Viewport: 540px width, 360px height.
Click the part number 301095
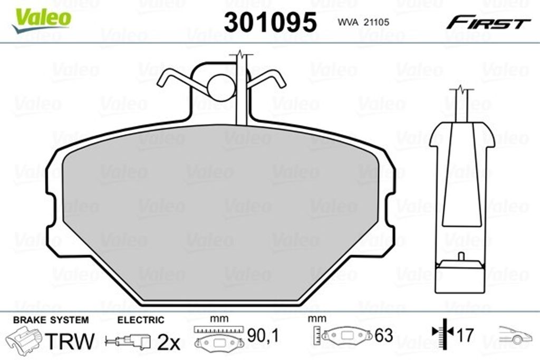pos(270,23)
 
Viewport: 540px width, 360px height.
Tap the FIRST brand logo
pos(488,23)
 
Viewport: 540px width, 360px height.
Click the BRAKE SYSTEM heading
pos(51,320)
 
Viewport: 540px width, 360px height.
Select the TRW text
pos(70,340)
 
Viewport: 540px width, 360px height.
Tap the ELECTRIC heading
pos(140,320)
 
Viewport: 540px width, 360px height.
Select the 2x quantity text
pos(169,343)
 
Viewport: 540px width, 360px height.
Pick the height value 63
pos(384,335)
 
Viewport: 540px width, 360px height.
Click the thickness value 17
pos(464,335)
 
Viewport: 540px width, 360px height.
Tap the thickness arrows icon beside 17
pos(442,332)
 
